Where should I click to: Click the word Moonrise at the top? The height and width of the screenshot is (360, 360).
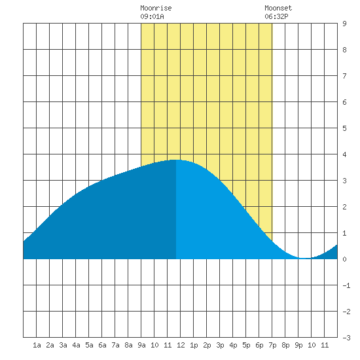click(x=156, y=8)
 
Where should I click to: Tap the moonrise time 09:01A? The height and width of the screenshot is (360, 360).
click(x=152, y=16)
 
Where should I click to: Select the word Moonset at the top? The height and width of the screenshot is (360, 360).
click(x=278, y=8)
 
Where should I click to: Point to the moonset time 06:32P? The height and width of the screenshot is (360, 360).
click(x=276, y=16)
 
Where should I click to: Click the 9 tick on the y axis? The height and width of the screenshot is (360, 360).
click(x=344, y=24)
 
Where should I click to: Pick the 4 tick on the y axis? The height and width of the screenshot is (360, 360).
click(x=344, y=154)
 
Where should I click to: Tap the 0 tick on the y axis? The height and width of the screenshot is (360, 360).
click(x=344, y=259)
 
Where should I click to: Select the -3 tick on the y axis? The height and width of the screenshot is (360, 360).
click(x=346, y=338)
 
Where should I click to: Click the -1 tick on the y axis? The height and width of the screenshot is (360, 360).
click(x=346, y=285)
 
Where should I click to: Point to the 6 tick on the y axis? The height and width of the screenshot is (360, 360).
click(x=344, y=102)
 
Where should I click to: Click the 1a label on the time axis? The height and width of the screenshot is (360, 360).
click(x=37, y=345)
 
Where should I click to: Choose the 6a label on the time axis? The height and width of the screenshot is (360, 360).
click(x=102, y=345)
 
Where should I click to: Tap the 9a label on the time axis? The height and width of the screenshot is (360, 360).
click(x=141, y=345)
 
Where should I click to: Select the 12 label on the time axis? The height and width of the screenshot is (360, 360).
click(x=181, y=345)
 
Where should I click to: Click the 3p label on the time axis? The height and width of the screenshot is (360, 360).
click(x=220, y=345)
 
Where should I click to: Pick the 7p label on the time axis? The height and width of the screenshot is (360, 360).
click(x=272, y=345)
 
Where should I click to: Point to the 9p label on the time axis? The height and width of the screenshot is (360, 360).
click(x=298, y=345)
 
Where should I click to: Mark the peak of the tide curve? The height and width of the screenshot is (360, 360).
click(x=176, y=160)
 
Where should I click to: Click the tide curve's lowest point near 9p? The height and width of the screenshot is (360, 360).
click(x=305, y=258)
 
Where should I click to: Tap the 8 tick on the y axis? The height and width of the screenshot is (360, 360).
click(x=344, y=50)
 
